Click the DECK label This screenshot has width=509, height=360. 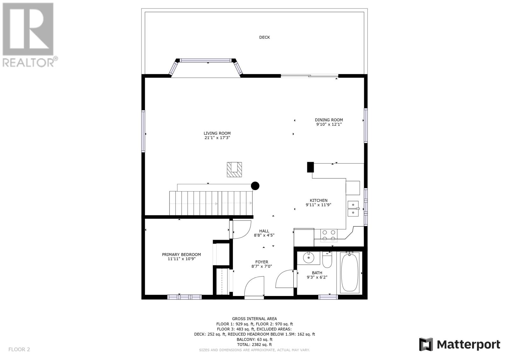point(264,37)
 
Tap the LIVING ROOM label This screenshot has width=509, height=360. point(217,133)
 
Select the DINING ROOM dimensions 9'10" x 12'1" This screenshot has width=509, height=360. point(329,124)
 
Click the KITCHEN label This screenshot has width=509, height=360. point(318,200)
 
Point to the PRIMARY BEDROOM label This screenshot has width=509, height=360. point(181,254)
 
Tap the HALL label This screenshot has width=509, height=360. point(264,231)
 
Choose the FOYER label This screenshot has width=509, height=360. point(261,262)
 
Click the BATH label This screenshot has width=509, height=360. point(317,273)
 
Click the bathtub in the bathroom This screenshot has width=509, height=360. point(350,273)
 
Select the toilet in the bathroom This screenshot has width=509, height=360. point(327,260)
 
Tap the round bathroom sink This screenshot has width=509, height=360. point(309,258)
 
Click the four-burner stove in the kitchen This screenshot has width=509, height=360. point(329,235)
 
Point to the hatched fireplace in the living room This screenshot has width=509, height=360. point(234,169)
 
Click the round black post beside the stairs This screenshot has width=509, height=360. point(255,186)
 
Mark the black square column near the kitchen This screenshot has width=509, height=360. point(310,167)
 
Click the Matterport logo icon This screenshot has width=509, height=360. point(426,344)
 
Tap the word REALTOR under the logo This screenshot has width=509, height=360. point(28,63)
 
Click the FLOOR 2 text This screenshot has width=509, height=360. point(19,349)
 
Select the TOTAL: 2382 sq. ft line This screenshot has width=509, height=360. point(254,344)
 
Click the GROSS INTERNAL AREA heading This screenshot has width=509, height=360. point(254,319)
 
